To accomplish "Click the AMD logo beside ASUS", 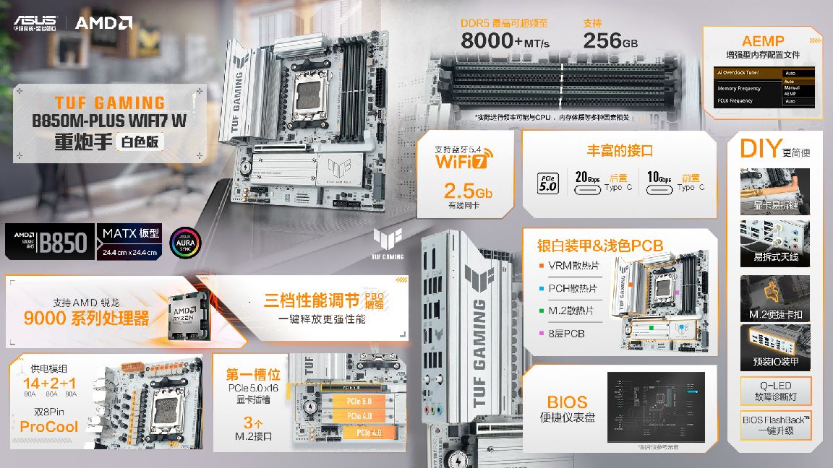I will pyautogui.click(x=103, y=22).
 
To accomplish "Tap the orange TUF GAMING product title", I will pyautogui.click(x=110, y=103).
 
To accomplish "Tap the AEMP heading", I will pyautogui.click(x=763, y=41).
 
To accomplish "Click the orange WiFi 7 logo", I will pyautogui.click(x=462, y=160).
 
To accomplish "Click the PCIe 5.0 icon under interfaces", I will pyautogui.click(x=547, y=183).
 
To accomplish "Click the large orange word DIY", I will pyautogui.click(x=759, y=149).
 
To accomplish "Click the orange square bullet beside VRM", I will pyautogui.click(x=541, y=265).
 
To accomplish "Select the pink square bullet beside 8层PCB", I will pyautogui.click(x=541, y=334).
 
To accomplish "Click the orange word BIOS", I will pyautogui.click(x=567, y=402).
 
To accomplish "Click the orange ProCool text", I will pyautogui.click(x=49, y=427).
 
